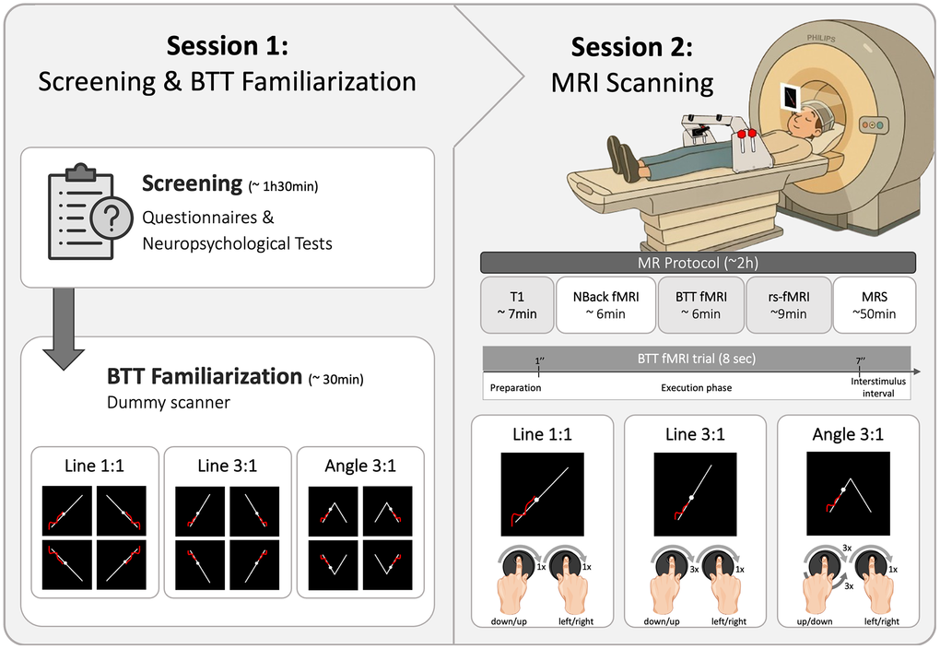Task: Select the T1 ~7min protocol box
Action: point(516,304)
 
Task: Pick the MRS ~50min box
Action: point(874,304)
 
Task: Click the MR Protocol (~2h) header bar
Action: point(698,262)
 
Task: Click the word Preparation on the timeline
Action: point(514,387)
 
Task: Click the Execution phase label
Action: point(696,387)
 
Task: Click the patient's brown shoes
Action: point(623,157)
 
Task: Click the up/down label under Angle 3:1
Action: point(813,622)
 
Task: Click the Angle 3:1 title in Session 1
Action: point(360,466)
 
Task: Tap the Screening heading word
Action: point(192,183)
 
